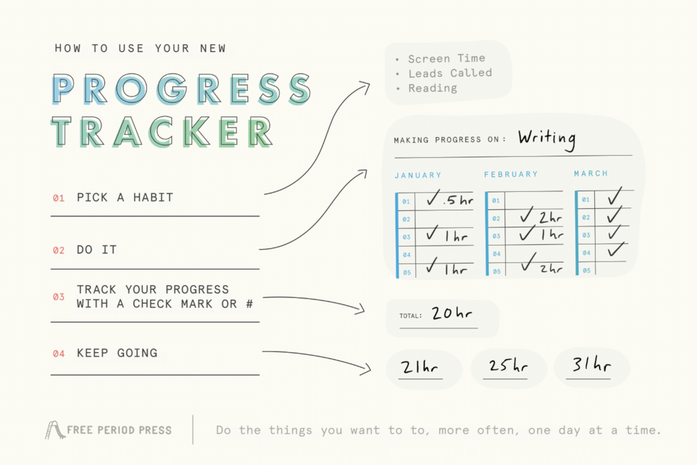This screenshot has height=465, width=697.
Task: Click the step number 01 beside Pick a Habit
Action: (59, 198)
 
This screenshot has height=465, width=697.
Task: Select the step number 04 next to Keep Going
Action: (59, 353)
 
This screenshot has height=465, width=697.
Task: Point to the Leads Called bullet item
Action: (450, 74)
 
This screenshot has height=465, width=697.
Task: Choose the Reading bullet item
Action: (432, 89)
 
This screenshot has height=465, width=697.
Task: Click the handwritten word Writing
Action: (546, 138)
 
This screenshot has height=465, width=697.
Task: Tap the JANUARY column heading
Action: (418, 175)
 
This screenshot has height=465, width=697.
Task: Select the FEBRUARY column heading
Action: (510, 175)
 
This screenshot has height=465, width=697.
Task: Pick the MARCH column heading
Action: (591, 174)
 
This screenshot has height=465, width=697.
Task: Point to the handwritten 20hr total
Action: (452, 314)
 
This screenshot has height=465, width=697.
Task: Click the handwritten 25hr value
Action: (508, 366)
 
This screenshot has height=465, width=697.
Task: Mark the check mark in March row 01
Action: (615, 197)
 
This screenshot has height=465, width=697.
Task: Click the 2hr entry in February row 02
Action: (541, 217)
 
